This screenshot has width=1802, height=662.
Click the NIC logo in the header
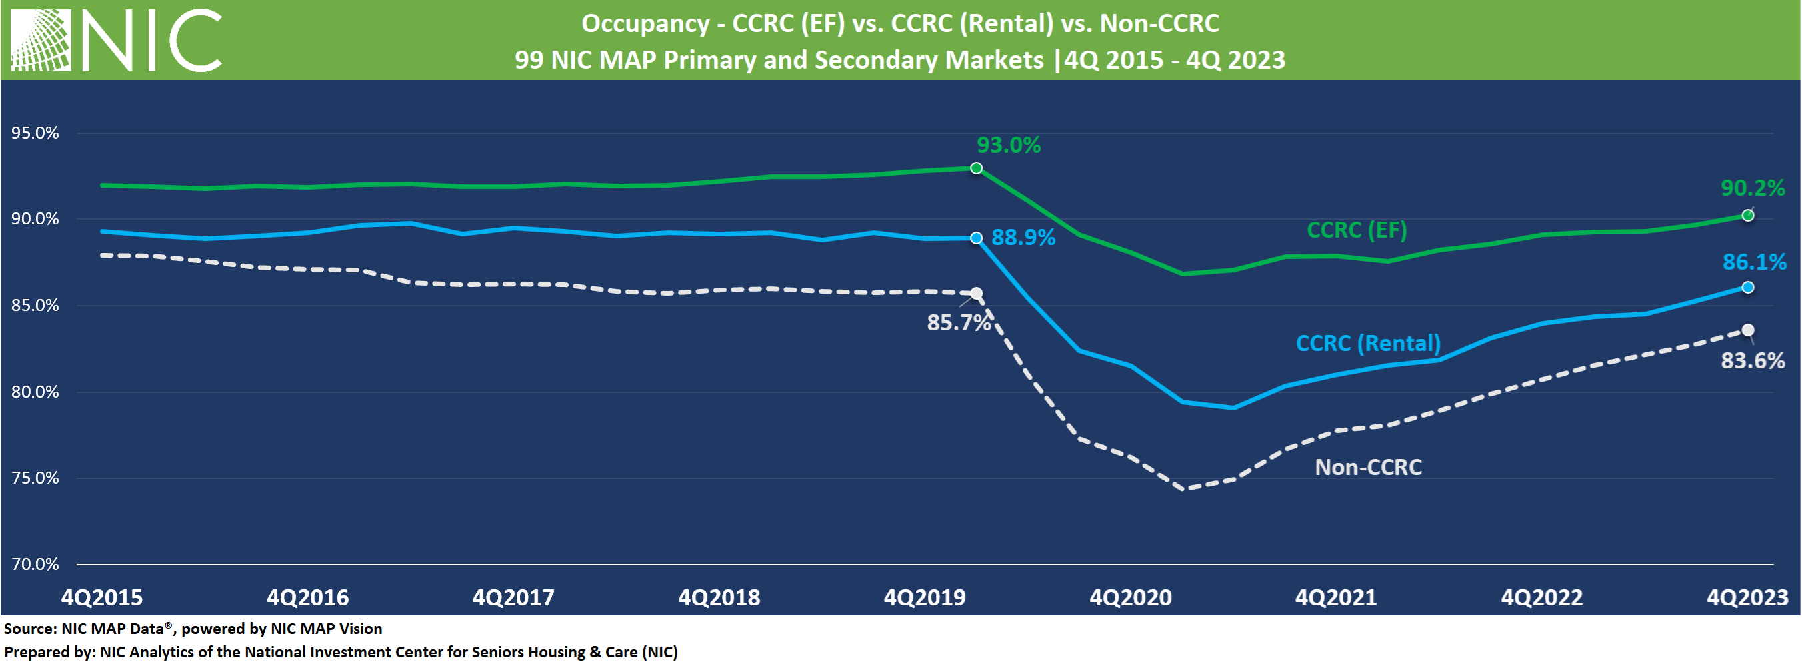tap(116, 40)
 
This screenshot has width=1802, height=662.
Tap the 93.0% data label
tap(1008, 145)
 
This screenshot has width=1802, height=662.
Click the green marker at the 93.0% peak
tap(976, 168)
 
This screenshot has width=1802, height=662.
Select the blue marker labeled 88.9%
tap(976, 238)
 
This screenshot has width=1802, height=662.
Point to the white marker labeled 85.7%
tap(976, 294)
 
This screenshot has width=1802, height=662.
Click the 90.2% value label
tap(1751, 188)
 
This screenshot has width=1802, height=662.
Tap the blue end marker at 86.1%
tap(1747, 287)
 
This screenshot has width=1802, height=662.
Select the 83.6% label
tap(1751, 361)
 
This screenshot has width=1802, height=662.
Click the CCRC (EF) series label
tap(1357, 230)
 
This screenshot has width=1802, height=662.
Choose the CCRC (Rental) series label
tap(1367, 343)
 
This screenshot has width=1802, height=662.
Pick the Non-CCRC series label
tap(1367, 467)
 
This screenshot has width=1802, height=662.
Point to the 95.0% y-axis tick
tap(35, 133)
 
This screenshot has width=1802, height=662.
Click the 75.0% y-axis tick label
tap(35, 478)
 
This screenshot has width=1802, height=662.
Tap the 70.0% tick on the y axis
tap(35, 564)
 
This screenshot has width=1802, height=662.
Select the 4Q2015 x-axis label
tap(102, 597)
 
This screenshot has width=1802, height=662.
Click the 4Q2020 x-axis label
tap(1131, 597)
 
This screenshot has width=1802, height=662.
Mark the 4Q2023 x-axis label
tap(1747, 597)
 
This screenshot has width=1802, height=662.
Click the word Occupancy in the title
tap(645, 23)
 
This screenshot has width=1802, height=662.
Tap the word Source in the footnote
tap(29, 629)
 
